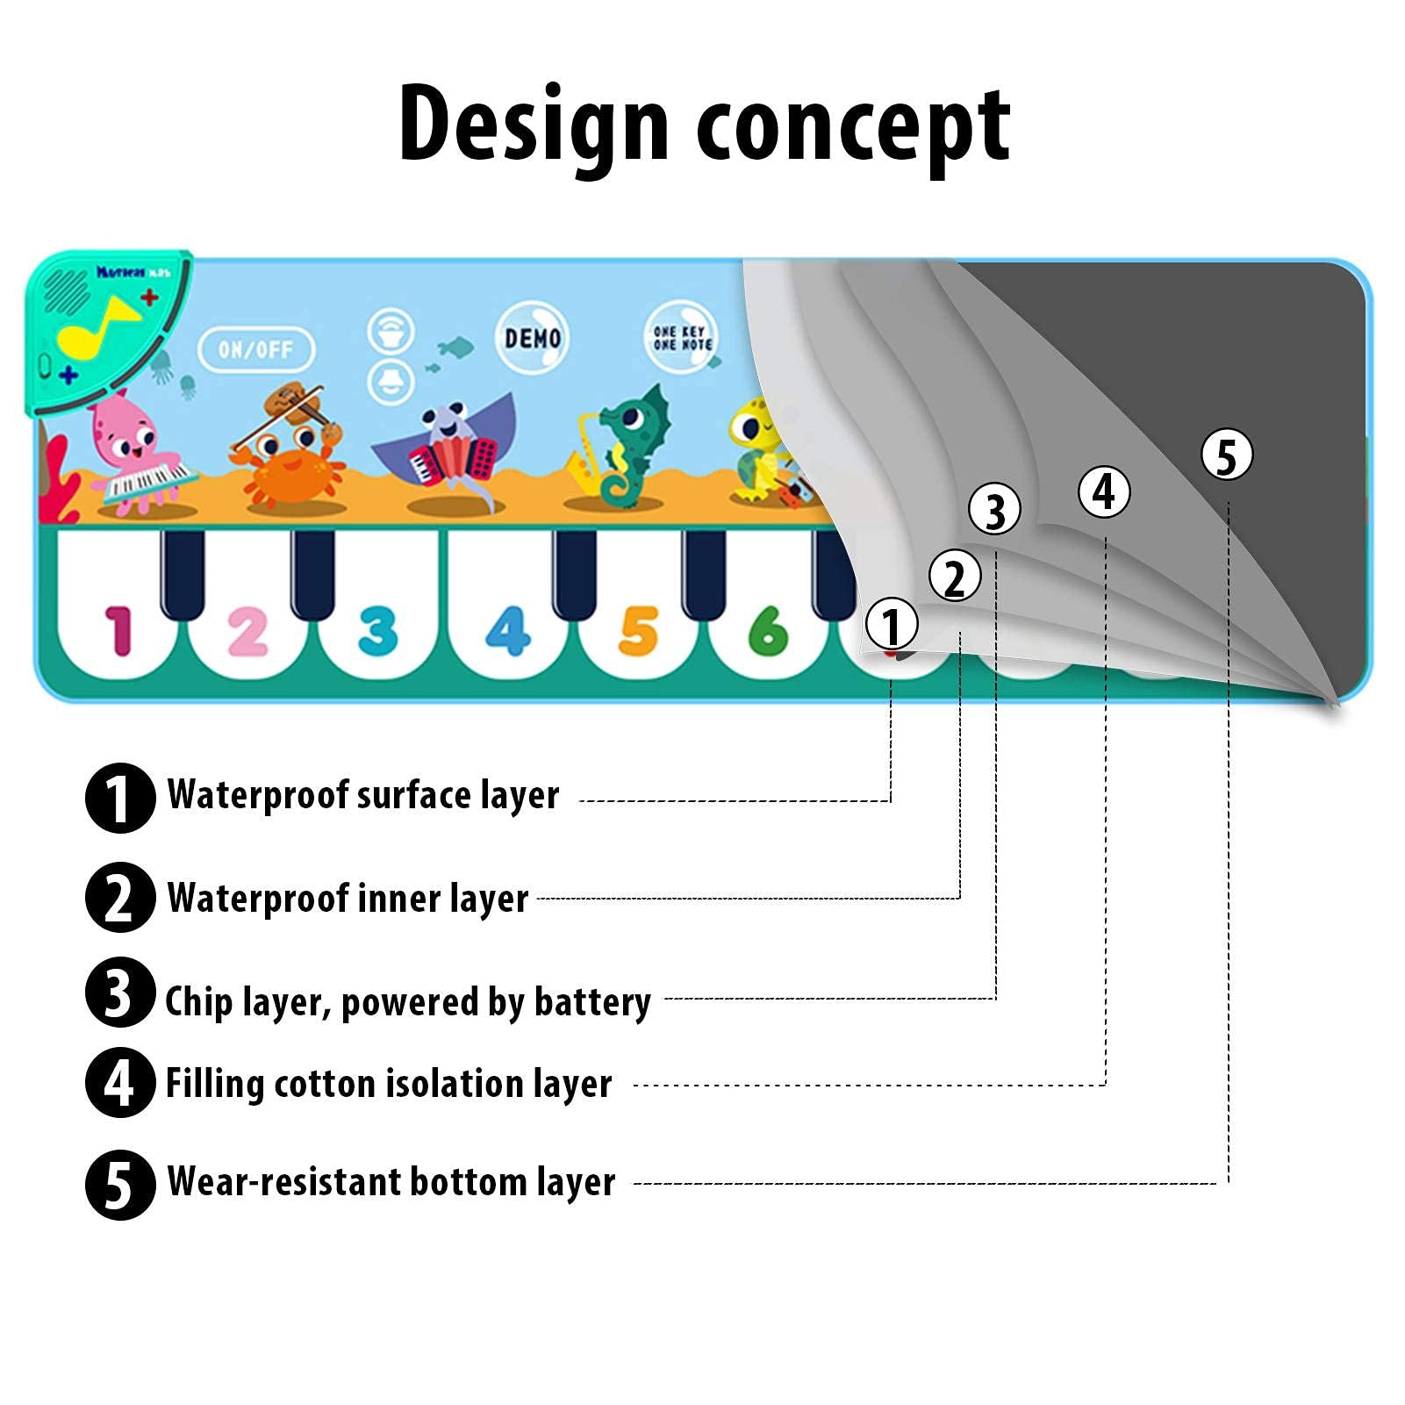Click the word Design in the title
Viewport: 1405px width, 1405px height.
534,125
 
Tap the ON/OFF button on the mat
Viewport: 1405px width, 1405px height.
255,349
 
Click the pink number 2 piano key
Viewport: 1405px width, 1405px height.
247,630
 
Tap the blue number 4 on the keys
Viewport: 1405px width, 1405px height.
508,630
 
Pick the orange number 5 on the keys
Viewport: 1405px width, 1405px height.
638,630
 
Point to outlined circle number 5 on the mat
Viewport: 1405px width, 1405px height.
1226,455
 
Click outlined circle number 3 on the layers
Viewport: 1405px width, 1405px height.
994,510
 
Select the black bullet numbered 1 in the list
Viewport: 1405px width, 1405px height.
120,798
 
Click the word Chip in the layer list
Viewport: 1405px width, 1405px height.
197,1001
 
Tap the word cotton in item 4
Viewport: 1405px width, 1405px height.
325,1084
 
